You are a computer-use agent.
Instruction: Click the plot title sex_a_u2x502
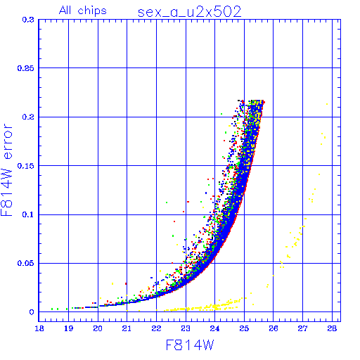point(189,12)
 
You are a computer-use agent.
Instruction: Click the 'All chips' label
point(83,11)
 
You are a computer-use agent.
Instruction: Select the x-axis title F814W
point(190,345)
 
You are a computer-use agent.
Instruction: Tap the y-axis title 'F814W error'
point(7,169)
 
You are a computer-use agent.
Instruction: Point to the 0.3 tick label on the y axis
point(28,20)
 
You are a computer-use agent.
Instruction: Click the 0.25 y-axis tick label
point(26,68)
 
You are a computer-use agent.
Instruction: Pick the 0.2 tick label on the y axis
point(28,117)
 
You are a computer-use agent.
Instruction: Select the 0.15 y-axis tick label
point(26,166)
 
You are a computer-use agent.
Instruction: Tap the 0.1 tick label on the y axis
point(28,214)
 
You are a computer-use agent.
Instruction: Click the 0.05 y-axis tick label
point(26,263)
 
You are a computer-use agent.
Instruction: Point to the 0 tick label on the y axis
point(32,312)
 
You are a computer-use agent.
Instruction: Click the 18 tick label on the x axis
point(39,328)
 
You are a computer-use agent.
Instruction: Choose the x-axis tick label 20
point(98,328)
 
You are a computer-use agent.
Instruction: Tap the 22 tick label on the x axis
point(156,328)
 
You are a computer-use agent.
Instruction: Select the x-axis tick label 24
point(214,328)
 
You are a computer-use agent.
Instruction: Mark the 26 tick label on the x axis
point(274,328)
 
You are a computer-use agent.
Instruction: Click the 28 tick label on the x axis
point(332,328)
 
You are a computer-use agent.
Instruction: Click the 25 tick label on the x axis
point(244,328)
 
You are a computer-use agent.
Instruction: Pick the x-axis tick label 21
point(127,328)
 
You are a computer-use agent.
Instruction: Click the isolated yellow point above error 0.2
point(327,104)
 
